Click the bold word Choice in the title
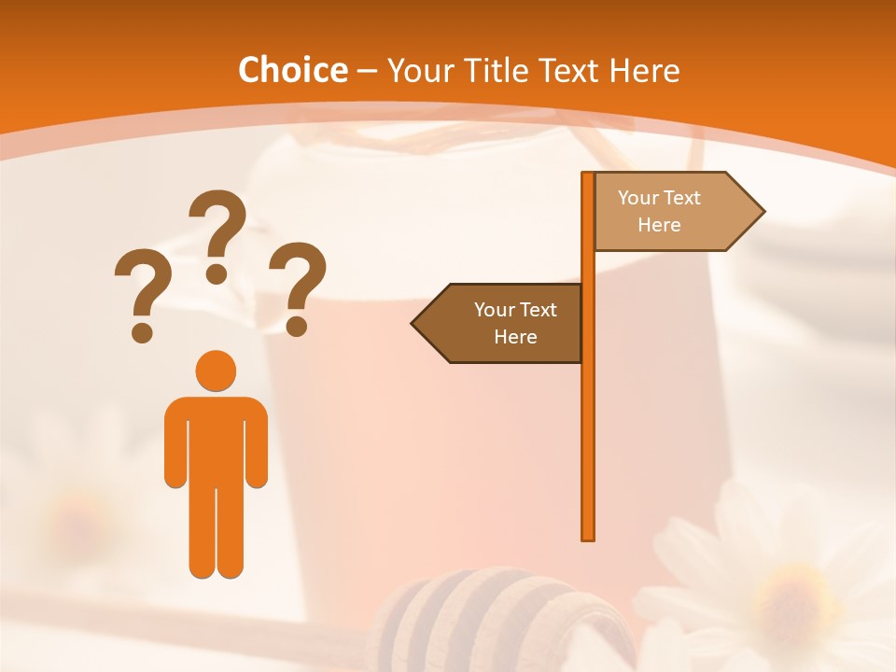click(x=292, y=71)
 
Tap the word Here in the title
click(x=644, y=71)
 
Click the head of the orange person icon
click(x=216, y=370)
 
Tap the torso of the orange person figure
click(x=216, y=439)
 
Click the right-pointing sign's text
click(x=659, y=211)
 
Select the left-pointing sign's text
click(x=515, y=323)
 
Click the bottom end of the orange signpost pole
click(x=588, y=536)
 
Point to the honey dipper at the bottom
click(x=485, y=616)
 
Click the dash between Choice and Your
click(x=367, y=71)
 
